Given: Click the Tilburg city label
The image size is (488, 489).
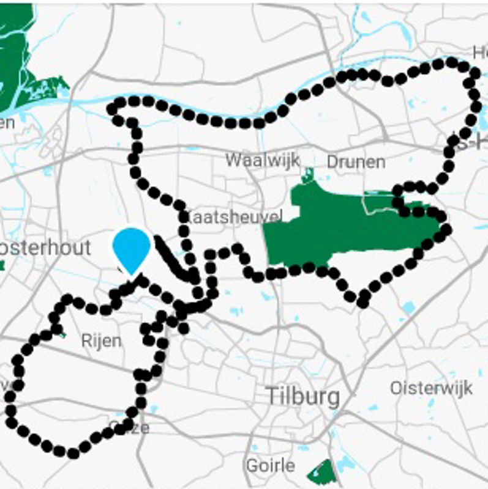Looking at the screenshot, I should pyautogui.click(x=303, y=396).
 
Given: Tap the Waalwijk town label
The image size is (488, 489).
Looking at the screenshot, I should pyautogui.click(x=262, y=160).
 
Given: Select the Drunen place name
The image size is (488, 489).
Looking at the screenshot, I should pyautogui.click(x=356, y=162).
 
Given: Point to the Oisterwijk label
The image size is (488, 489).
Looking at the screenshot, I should pyautogui.click(x=431, y=388).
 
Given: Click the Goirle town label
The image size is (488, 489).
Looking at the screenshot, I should pyautogui.click(x=270, y=465).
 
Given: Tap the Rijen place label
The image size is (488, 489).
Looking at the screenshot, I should pyautogui.click(x=101, y=340).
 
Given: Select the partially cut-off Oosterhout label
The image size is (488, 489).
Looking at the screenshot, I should pyautogui.click(x=45, y=248).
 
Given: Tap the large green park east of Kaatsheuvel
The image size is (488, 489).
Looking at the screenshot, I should pyautogui.click(x=343, y=226).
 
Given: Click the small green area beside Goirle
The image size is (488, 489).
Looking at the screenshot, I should pyautogui.click(x=321, y=471).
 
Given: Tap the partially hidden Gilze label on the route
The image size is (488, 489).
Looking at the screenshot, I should pyautogui.click(x=130, y=427).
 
